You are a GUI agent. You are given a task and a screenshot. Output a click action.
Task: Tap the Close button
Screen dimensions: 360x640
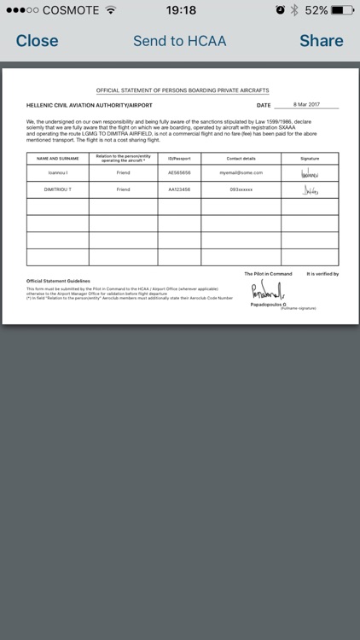tap(37, 40)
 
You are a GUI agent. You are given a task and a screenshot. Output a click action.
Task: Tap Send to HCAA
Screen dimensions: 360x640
tap(179, 40)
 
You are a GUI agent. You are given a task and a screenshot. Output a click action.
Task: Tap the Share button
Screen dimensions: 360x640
tap(321, 40)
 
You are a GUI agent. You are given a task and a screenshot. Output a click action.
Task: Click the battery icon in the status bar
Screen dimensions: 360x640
tap(342, 10)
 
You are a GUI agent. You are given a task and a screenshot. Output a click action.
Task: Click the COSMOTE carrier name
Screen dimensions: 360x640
tap(69, 10)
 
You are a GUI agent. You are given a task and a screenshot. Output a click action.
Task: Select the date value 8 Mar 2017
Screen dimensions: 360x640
tap(306, 104)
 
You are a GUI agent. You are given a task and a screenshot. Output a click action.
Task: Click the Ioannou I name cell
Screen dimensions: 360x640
tap(58, 172)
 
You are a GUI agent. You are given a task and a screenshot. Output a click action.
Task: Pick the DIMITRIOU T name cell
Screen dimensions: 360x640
tap(58, 189)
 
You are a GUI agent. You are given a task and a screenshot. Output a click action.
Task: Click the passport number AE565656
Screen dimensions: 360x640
tap(178, 172)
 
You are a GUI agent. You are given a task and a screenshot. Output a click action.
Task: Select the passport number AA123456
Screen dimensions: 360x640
tap(178, 189)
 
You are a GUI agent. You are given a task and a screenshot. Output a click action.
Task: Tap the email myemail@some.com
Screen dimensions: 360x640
tap(241, 172)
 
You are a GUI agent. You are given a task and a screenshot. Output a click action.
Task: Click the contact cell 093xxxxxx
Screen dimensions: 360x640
tap(241, 189)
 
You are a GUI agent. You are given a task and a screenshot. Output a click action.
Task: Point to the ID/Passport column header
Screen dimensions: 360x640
tap(178, 158)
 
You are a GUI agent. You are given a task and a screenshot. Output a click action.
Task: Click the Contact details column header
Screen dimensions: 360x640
tap(241, 158)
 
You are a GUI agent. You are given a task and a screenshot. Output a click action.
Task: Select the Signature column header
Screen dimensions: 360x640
tap(310, 158)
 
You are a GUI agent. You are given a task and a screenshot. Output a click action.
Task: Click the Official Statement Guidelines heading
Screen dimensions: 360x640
tap(58, 280)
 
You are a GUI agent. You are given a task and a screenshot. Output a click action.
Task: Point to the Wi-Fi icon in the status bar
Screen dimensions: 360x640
tap(111, 10)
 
